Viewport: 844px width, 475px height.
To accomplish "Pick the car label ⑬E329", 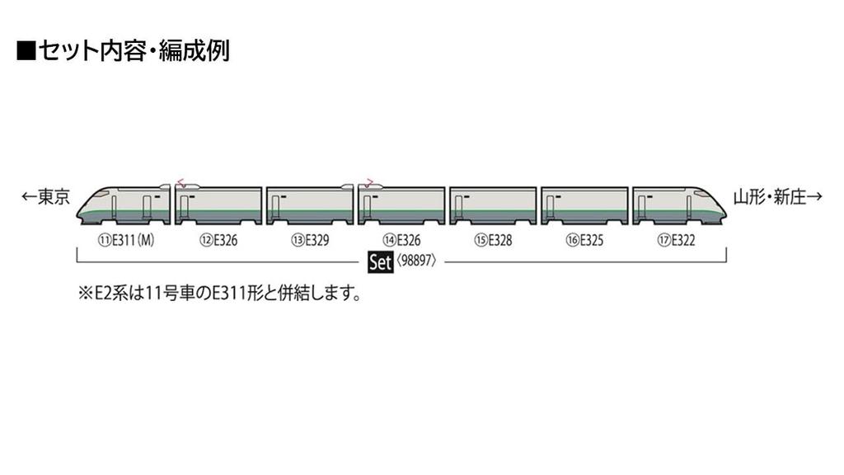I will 306,241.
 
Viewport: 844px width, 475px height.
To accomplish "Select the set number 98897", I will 415,263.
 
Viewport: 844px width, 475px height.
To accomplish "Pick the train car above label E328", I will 493,205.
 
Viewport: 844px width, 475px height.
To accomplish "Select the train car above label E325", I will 584,205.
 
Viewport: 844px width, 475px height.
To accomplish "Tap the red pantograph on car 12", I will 181,182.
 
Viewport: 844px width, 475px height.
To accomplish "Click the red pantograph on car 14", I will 368,182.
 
